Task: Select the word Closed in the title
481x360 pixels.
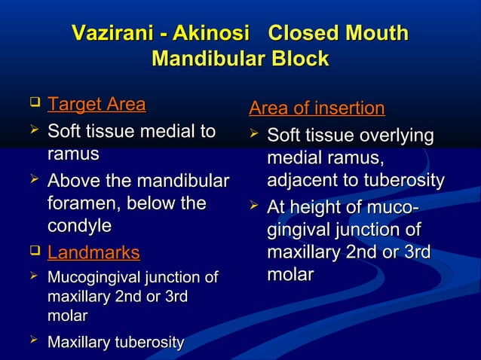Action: (306, 34)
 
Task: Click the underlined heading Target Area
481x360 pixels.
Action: (97, 104)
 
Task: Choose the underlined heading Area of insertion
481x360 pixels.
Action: (317, 109)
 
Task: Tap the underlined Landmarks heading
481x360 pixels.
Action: (93, 252)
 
